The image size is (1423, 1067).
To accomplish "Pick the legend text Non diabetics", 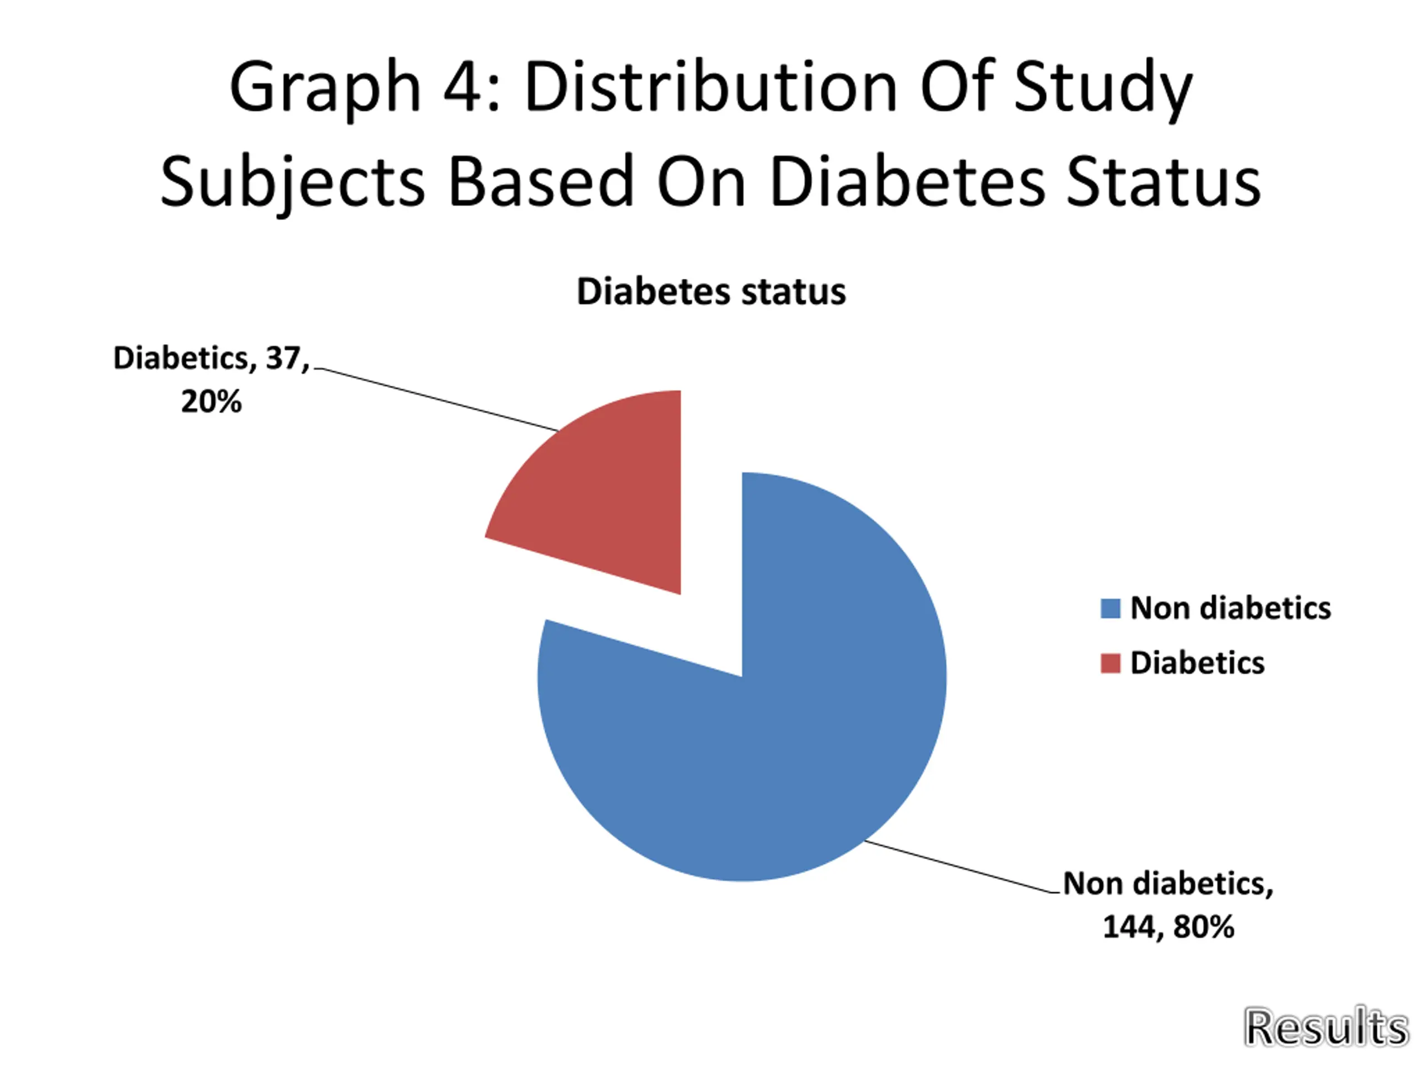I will (x=1230, y=609).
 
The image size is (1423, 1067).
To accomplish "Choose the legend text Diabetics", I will (x=1197, y=663).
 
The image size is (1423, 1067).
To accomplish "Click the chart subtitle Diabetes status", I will (x=711, y=292).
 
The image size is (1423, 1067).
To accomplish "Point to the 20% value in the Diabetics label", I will (x=211, y=402).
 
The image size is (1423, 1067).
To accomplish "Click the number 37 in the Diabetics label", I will (x=282, y=358).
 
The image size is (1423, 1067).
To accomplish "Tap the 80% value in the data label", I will (x=1203, y=927).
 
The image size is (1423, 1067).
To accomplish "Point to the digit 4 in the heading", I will (x=462, y=87).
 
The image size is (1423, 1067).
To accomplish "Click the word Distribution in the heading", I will (x=711, y=87).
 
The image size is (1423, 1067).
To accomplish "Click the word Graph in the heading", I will (x=325, y=87).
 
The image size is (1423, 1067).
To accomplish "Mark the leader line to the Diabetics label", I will (x=437, y=400).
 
